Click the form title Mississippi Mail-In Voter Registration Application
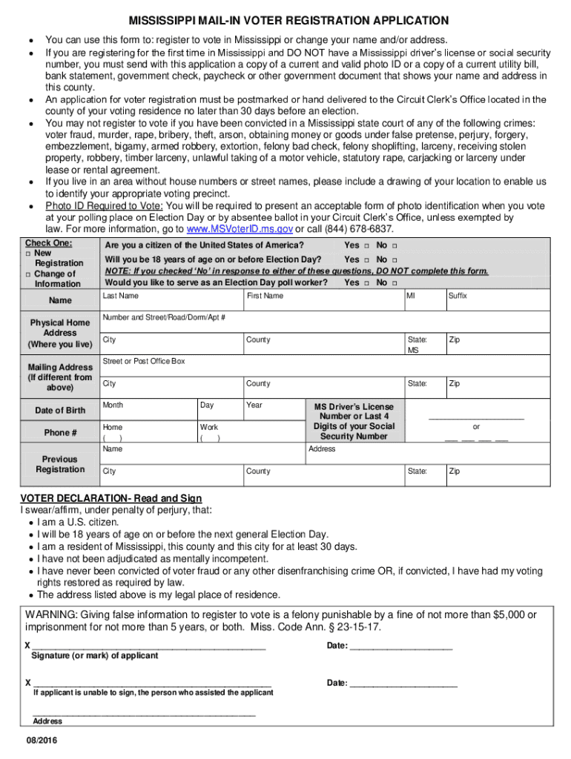[288, 21]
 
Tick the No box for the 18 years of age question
[395, 260]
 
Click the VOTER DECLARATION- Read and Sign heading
[110, 498]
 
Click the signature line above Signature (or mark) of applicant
[148, 645]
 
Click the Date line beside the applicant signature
[400, 645]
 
